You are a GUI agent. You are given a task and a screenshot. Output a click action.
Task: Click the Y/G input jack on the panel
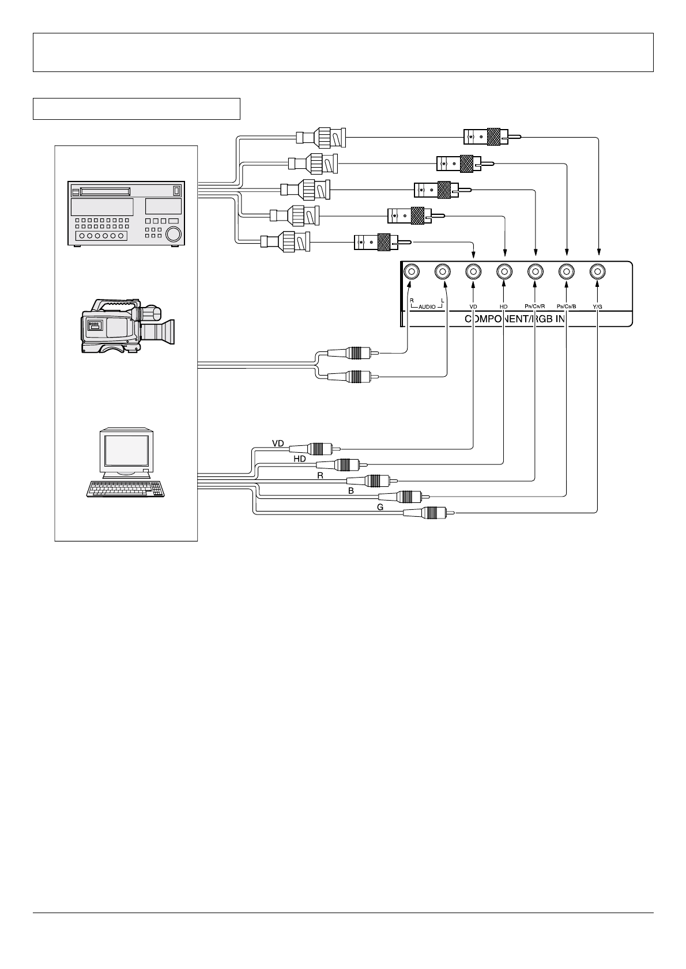tap(597, 271)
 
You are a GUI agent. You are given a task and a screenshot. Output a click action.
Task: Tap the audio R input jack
tap(410, 271)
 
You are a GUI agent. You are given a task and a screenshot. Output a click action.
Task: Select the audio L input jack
tap(442, 271)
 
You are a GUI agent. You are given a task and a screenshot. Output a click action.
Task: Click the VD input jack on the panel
tap(473, 271)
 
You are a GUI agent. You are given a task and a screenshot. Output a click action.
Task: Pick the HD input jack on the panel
tap(504, 271)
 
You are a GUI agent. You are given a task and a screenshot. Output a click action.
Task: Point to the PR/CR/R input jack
tap(536, 271)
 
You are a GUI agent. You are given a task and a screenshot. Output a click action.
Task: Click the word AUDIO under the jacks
tap(427, 307)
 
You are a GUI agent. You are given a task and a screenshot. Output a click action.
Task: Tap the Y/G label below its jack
tap(597, 307)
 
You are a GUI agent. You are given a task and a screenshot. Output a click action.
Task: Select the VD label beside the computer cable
tap(278, 443)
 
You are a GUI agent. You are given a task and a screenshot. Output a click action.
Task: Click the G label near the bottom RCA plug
tap(380, 507)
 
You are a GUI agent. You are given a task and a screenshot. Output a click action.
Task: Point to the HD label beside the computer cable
tap(299, 459)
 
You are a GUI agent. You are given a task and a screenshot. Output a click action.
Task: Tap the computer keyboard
tap(126, 489)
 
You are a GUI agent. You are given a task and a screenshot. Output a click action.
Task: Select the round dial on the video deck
tap(172, 234)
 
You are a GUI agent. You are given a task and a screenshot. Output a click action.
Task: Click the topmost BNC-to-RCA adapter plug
tap(490, 137)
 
